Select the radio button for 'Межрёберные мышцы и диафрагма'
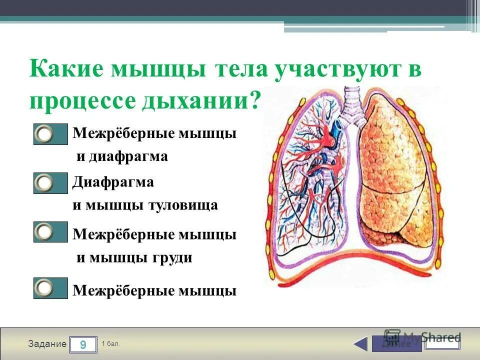click(45, 134)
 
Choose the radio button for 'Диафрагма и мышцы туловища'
click(45, 183)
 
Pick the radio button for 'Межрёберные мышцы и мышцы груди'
click(45, 232)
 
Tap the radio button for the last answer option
click(45, 288)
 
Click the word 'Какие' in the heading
click(65, 69)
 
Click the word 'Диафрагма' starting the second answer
click(113, 182)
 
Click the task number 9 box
click(83, 344)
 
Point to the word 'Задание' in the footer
click(47, 344)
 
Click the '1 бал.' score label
click(110, 344)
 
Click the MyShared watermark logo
click(422, 336)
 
